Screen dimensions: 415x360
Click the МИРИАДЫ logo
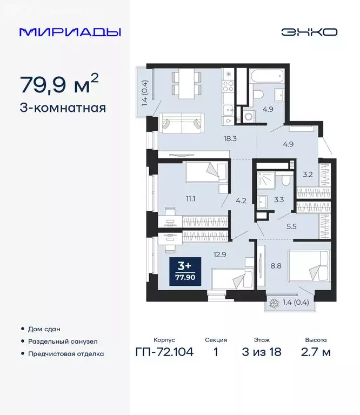click(70, 32)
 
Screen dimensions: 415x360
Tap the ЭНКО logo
click(309, 32)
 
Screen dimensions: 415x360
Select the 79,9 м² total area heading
click(59, 84)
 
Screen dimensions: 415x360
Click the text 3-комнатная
click(62, 108)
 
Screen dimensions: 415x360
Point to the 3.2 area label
click(309, 174)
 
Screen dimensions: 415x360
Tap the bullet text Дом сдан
click(45, 329)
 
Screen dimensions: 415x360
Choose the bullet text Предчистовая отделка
click(66, 354)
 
